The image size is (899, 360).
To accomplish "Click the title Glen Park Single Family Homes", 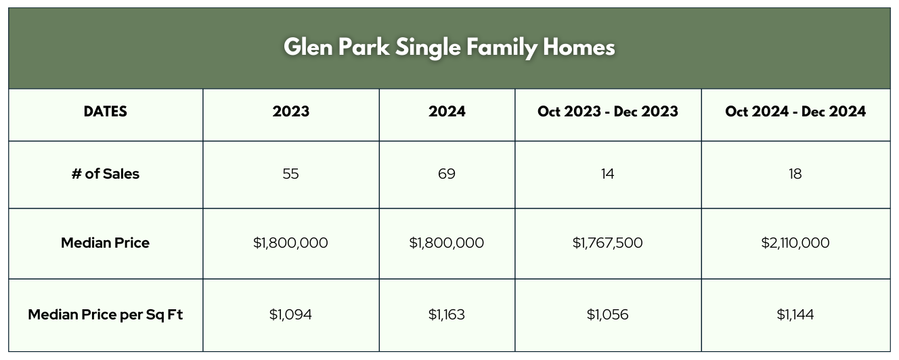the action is tap(449, 47).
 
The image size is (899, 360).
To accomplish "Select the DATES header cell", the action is tap(105, 111).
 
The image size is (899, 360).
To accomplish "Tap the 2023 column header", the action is tap(291, 111).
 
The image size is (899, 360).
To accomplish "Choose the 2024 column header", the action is tap(447, 111).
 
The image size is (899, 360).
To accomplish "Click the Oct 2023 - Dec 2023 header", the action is tap(608, 111).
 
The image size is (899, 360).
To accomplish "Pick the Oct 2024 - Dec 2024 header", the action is tap(795, 111).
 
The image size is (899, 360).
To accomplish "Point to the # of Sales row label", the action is tap(105, 174).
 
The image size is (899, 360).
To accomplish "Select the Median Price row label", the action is tap(105, 243).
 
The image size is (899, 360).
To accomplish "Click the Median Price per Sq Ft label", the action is tap(105, 315).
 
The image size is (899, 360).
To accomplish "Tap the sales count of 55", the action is tap(290, 174).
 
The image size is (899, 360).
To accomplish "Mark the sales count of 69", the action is tap(447, 174).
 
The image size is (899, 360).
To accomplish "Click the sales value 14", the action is tap(608, 174).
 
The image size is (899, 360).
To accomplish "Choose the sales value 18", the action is tap(795, 174).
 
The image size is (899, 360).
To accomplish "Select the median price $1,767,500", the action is tap(608, 243).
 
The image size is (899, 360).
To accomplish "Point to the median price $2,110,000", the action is tap(795, 243).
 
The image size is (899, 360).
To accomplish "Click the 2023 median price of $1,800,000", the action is tap(290, 243).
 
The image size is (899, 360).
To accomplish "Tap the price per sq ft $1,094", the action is tap(290, 315).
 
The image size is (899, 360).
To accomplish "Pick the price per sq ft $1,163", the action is tap(447, 315).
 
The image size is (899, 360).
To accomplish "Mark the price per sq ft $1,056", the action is tap(608, 315).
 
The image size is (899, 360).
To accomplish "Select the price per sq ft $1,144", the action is tap(795, 315).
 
